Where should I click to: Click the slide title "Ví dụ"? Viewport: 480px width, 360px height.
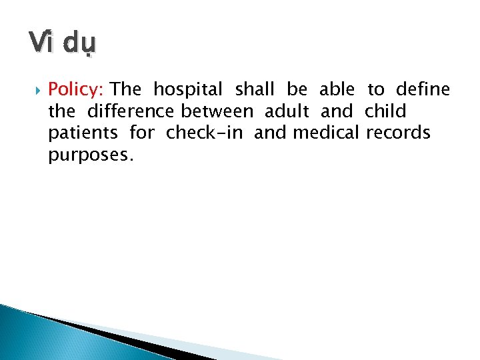pos(63,45)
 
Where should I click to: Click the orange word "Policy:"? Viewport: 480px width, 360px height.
pos(77,89)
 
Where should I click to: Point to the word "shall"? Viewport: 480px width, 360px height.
pos(255,89)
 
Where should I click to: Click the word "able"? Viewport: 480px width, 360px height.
pos(337,89)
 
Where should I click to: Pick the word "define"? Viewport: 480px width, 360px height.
pos(423,89)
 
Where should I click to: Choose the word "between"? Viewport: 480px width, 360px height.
pos(217,111)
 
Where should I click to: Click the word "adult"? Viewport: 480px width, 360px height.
pos(287,111)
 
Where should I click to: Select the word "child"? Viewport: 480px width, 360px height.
pos(385,111)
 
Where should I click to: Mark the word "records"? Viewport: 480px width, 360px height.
pos(397,133)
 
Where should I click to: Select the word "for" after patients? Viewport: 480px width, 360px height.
pos(141,133)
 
